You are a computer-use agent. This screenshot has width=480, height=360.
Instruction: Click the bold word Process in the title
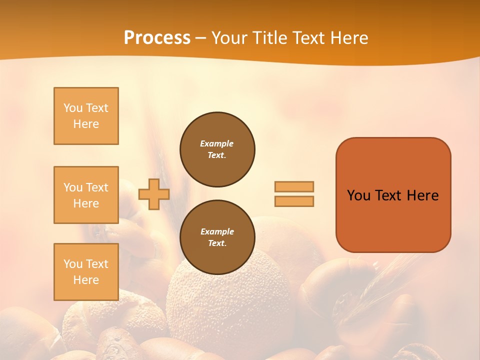pyautogui.click(x=157, y=37)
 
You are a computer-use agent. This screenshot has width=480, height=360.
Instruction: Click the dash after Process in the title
pyautogui.click(x=201, y=38)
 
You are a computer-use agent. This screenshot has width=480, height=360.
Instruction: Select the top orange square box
pyautogui.click(x=86, y=116)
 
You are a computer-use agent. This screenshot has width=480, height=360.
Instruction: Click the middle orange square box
pyautogui.click(x=86, y=195)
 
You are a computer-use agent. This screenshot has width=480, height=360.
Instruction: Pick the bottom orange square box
pyautogui.click(x=86, y=272)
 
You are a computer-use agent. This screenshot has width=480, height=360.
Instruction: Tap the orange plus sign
pyautogui.click(x=154, y=194)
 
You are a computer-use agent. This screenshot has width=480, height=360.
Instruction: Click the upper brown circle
pyautogui.click(x=217, y=149)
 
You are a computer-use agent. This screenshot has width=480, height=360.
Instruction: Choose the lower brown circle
pyautogui.click(x=217, y=237)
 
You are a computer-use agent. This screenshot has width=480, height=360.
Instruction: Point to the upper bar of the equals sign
pyautogui.click(x=294, y=186)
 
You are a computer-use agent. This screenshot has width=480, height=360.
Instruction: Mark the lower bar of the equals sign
pyautogui.click(x=294, y=201)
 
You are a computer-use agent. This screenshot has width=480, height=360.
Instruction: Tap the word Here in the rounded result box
pyautogui.click(x=422, y=195)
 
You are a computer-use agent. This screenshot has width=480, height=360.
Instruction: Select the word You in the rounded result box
pyautogui.click(x=358, y=195)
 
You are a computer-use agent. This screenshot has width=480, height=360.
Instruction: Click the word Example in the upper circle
pyautogui.click(x=217, y=143)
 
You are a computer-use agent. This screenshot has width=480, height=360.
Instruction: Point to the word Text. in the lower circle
pyautogui.click(x=217, y=243)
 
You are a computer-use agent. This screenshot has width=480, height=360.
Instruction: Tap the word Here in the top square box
pyautogui.click(x=86, y=124)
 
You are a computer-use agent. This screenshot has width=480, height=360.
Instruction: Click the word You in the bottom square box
pyautogui.click(x=72, y=264)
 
